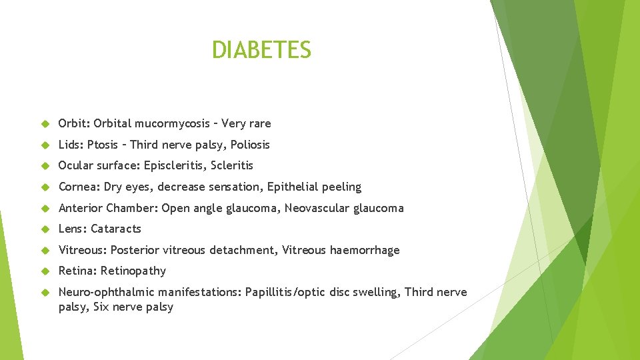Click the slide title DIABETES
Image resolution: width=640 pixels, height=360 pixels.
[261, 50]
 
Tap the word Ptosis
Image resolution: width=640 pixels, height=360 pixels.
[103, 145]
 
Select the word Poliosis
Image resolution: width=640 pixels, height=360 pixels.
[250, 145]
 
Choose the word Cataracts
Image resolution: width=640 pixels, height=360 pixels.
[116, 229]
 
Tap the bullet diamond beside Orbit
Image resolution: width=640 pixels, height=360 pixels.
[45, 124]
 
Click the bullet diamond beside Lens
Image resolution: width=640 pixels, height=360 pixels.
[45, 229]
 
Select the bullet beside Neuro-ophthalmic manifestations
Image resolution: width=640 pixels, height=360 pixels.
[45, 293]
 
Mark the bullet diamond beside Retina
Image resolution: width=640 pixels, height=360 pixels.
[45, 271]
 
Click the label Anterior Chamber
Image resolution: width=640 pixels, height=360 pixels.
[107, 208]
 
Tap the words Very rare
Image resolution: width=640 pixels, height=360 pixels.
[246, 123]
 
